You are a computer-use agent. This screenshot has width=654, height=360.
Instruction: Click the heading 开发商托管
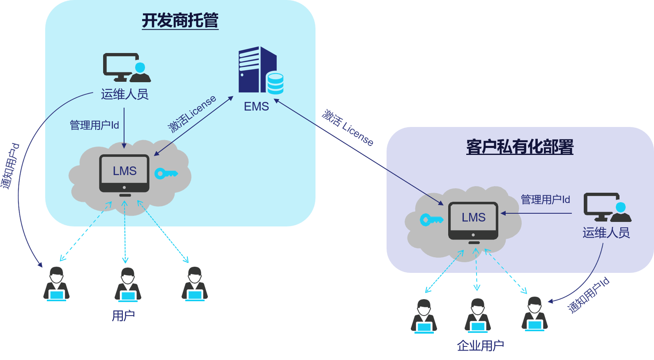coord(180,21)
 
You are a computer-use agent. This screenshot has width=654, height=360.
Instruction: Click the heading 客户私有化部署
coord(520,147)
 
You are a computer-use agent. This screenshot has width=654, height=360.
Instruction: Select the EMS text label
coord(256,106)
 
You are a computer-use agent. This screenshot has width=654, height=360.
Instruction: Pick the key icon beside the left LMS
coord(166,173)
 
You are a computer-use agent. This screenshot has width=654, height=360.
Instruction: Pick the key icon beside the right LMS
coord(431,220)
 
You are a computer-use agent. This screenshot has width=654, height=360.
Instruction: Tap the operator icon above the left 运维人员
coord(126,68)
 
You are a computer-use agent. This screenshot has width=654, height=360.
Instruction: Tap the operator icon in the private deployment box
coord(607,208)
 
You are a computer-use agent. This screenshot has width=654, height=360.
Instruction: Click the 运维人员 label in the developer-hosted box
coord(124,95)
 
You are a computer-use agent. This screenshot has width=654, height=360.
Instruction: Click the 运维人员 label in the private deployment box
coord(606,233)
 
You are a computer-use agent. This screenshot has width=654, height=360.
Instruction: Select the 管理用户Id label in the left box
coord(94,125)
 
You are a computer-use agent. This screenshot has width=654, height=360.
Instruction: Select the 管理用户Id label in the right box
coord(545,200)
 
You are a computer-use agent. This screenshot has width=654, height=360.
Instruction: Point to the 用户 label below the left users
coord(123,316)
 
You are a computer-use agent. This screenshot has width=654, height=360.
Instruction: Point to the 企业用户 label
coord(480,346)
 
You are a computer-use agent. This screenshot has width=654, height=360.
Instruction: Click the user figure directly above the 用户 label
coord(128,284)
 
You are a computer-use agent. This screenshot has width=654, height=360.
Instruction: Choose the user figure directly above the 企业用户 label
coord(477,316)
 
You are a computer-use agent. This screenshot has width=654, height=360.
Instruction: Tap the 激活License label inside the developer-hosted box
coord(192,114)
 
